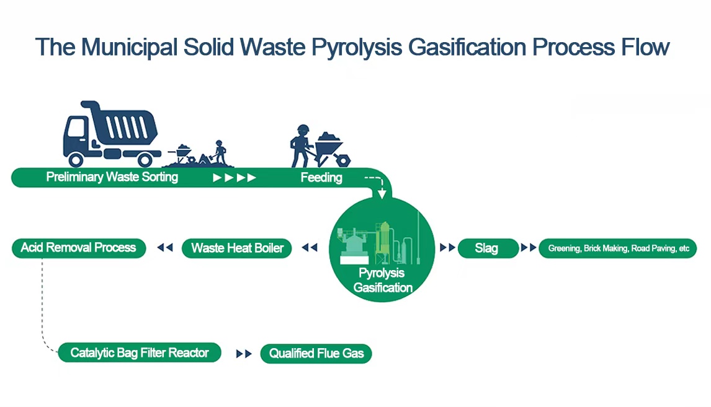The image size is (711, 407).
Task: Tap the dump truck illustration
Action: coord(110,133)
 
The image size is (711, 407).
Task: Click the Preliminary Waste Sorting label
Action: coord(112,177)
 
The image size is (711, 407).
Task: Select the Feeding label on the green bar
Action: coord(321,178)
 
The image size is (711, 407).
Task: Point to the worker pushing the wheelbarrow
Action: coord(302,146)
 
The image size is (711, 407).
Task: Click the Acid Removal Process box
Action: coord(78,248)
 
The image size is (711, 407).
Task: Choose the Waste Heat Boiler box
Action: coord(237,248)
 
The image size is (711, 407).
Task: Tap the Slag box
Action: coord(487,248)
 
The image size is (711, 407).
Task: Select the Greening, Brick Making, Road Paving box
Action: coord(618,248)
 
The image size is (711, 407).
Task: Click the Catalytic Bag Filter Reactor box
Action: coord(140,353)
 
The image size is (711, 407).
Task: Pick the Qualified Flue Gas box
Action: coord(316,354)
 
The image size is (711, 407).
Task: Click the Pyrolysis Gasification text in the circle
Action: coord(383,280)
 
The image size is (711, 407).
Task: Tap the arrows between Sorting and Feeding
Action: coord(234,178)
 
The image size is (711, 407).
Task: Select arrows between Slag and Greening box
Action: coord(529,248)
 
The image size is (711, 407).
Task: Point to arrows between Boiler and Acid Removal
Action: coord(164,248)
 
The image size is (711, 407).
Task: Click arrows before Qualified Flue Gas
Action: coord(244,354)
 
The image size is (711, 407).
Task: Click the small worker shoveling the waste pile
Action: coord(219,152)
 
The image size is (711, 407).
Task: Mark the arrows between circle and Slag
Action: coord(447,248)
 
